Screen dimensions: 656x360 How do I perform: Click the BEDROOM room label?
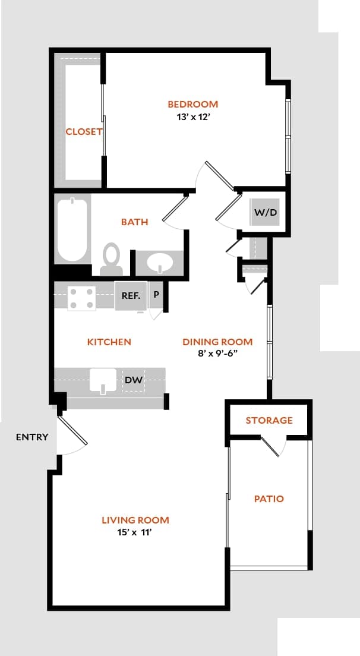192,104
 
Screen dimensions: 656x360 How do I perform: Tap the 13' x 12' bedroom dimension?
192,117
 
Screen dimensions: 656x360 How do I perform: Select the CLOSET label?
84,131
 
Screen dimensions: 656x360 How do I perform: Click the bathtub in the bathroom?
72,230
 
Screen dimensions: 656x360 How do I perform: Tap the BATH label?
134,222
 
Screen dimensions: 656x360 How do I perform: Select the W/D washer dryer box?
266,212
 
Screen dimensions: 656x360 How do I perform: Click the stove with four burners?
81,298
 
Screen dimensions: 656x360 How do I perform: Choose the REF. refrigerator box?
131,295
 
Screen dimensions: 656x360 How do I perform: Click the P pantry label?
156,295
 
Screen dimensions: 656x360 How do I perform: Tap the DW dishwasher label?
134,380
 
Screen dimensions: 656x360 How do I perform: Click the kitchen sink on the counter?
103,380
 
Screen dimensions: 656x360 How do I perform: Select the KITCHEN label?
109,342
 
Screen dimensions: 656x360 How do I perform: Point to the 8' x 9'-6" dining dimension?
217,354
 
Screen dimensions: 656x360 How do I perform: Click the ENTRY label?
31,437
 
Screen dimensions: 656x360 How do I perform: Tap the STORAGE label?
269,420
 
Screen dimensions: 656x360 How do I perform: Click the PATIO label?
269,499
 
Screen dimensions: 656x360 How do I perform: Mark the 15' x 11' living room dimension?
135,533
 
